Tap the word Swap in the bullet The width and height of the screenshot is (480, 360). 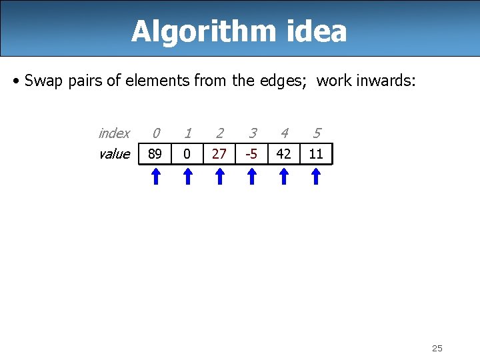pyautogui.click(x=41, y=81)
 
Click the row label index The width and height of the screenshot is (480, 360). pyautogui.click(x=114, y=133)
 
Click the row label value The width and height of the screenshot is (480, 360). pyautogui.click(x=114, y=154)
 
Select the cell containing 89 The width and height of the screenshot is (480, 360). pyautogui.click(x=155, y=154)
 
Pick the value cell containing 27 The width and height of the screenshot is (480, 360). pyautogui.click(x=219, y=154)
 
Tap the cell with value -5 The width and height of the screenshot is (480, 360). pyautogui.click(x=251, y=154)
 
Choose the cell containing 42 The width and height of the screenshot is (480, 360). pyautogui.click(x=283, y=154)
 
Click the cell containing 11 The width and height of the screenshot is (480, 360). pyautogui.click(x=316, y=154)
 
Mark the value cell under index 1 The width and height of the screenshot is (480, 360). pyautogui.click(x=187, y=154)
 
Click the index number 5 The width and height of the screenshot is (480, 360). pyautogui.click(x=316, y=133)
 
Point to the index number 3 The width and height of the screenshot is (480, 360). pyautogui.click(x=251, y=133)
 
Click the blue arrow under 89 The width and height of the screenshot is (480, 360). pyautogui.click(x=155, y=176)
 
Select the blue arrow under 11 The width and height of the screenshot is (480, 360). pyautogui.click(x=316, y=176)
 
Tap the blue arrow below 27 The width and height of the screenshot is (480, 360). pyautogui.click(x=219, y=176)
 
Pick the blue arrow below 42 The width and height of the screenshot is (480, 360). pyautogui.click(x=283, y=176)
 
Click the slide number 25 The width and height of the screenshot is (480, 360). pyautogui.click(x=437, y=348)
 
